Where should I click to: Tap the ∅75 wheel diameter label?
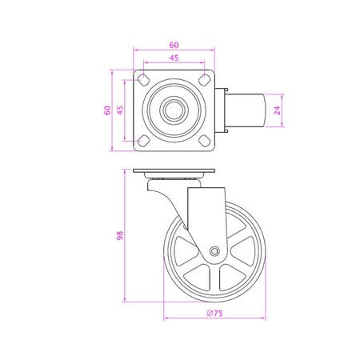[x=214, y=314]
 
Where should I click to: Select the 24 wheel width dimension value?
[x=276, y=111]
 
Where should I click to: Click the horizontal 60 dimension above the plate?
[x=173, y=46]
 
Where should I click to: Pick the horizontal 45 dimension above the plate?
[x=173, y=59]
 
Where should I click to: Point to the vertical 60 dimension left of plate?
[x=106, y=111]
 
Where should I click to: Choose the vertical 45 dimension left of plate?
[x=120, y=111]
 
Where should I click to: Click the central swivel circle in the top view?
[x=174, y=111]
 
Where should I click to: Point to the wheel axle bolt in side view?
[x=214, y=251]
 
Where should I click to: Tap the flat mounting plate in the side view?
[x=174, y=173]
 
